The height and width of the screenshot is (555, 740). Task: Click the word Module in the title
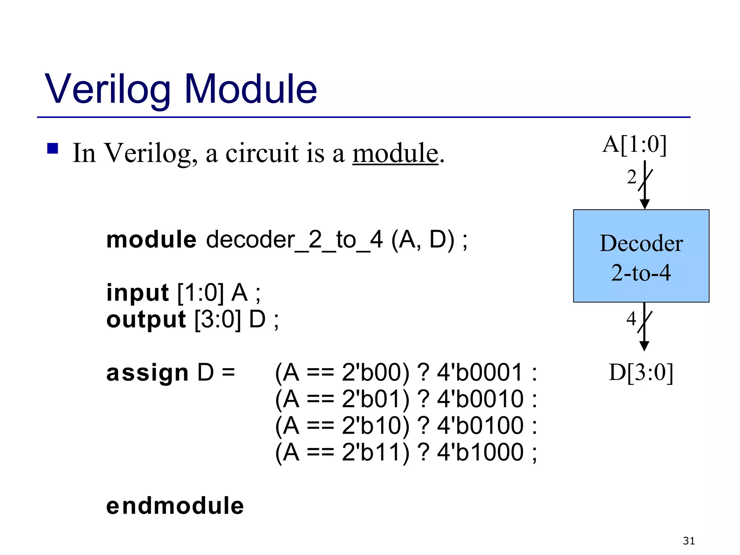pos(250,89)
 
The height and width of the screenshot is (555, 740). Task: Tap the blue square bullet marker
pos(53,149)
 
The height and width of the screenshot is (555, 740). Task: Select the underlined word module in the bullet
pos(395,153)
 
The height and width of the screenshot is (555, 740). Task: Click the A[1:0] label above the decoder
pos(634,145)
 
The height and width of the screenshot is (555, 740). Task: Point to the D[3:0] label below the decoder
pos(641,373)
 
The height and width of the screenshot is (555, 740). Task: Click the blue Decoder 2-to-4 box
pos(641,256)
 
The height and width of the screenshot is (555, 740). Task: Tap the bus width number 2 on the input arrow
pos(632,177)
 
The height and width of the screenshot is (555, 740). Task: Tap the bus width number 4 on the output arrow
pos(631,319)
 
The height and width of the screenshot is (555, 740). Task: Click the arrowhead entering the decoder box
pos(645,204)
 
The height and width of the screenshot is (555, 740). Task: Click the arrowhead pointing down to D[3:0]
pos(644,346)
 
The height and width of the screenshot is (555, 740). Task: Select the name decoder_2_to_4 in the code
pos(294,240)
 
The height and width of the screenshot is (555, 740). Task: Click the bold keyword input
pos(137,292)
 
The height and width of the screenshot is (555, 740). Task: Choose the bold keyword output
pos(146,319)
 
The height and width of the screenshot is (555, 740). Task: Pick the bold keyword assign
pos(147,373)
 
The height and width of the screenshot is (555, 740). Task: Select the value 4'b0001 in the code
pos(480,373)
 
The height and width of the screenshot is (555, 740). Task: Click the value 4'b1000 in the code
pos(480,452)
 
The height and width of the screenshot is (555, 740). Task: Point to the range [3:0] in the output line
pos(218,319)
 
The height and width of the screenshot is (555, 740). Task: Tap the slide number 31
pos(689,541)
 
